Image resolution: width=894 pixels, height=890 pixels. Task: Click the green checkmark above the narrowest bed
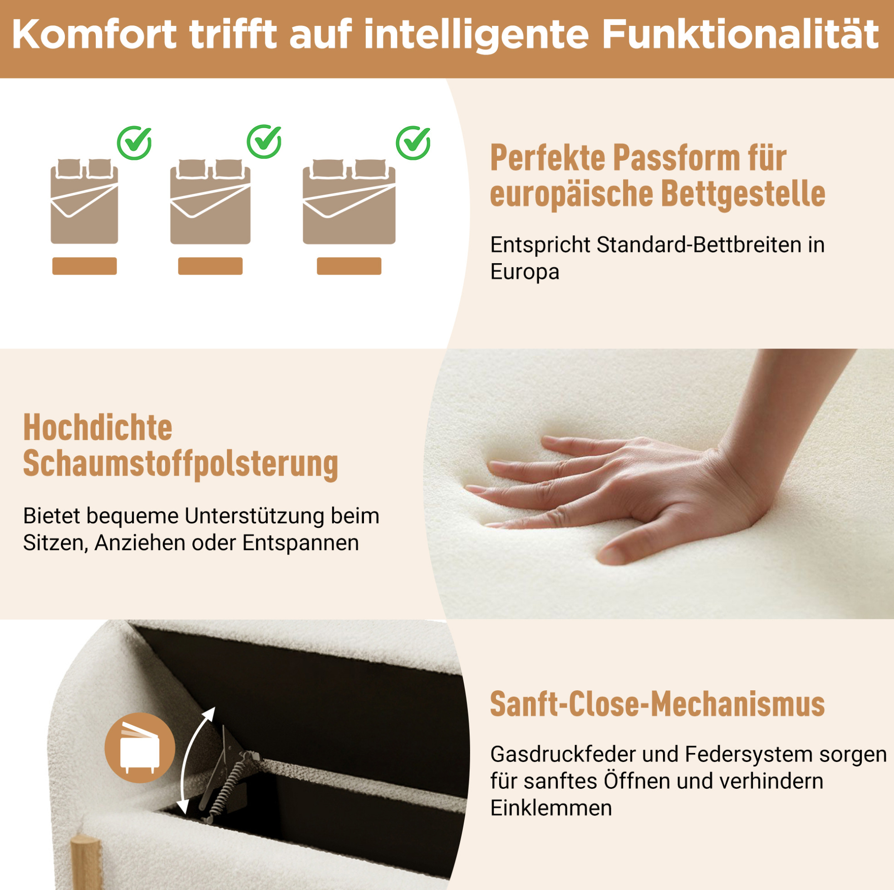(134, 143)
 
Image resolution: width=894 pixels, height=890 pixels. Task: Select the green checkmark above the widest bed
(413, 143)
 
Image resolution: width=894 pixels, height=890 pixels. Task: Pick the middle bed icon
(211, 202)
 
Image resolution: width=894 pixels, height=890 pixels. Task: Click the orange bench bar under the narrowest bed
(84, 266)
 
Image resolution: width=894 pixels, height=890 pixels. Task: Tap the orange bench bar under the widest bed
(349, 266)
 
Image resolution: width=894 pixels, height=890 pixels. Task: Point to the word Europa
(525, 272)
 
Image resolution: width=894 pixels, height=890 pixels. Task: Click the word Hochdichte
(98, 428)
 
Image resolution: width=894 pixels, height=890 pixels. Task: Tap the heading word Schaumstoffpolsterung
(181, 464)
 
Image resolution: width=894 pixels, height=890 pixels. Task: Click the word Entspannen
(300, 543)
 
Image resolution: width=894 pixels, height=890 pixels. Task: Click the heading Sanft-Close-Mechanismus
(658, 704)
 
